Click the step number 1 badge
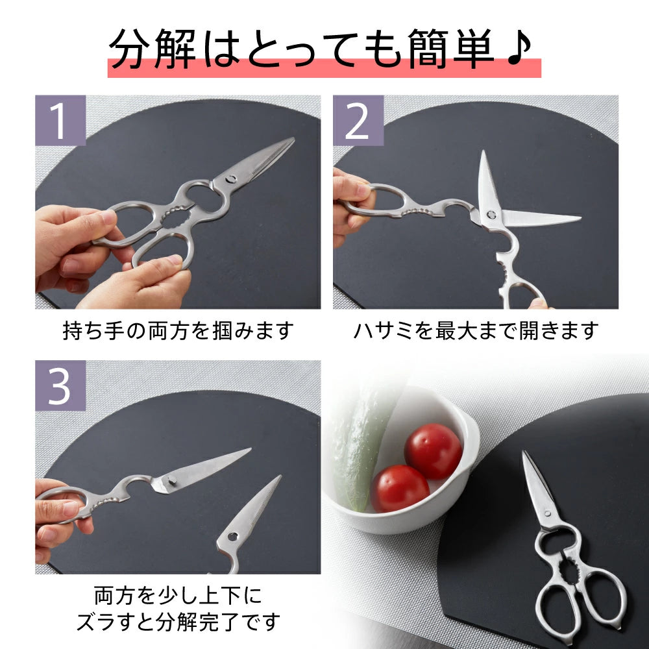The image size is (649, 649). click(x=60, y=120)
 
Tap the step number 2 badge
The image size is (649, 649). click(x=358, y=120)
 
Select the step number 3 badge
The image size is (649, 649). click(x=60, y=386)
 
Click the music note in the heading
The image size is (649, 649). click(x=519, y=47)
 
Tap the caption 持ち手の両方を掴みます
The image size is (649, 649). click(x=178, y=330)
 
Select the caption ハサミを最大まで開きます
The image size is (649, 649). click(x=475, y=330)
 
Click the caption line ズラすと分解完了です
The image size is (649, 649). click(x=178, y=622)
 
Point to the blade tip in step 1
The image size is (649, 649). click(x=291, y=140)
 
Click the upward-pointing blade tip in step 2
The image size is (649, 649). click(x=483, y=153)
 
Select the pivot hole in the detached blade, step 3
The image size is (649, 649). click(x=232, y=537)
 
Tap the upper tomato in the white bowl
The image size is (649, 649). click(x=433, y=450)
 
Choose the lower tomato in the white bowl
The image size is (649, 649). click(x=399, y=488)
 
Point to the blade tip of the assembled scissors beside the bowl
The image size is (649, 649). click(x=524, y=454)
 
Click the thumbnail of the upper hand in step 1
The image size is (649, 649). click(x=107, y=217)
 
